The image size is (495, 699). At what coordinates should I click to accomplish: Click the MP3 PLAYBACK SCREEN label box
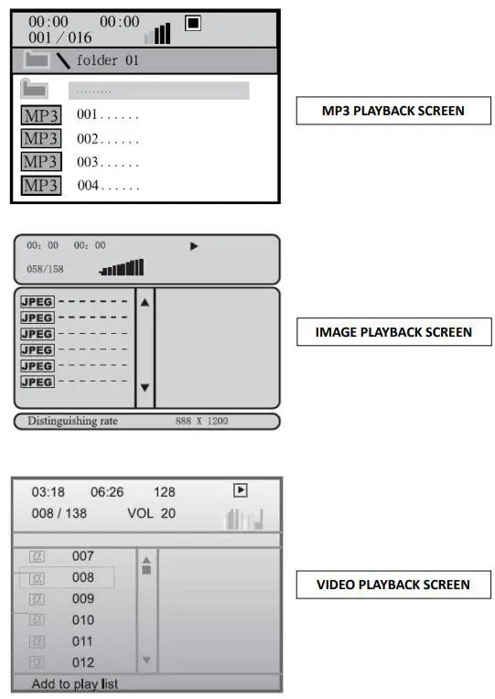393,111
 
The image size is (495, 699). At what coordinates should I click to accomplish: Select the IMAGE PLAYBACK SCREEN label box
393,331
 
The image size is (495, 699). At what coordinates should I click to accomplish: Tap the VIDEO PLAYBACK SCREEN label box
393,584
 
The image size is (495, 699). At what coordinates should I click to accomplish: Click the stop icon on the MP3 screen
192,23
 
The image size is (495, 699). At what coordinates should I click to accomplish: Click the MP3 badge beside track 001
40,116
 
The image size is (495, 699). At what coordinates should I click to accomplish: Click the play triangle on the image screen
194,246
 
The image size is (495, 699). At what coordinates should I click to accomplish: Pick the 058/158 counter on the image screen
45,269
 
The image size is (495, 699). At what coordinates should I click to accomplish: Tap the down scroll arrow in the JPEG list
145,388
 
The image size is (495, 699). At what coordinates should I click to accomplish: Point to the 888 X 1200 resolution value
201,422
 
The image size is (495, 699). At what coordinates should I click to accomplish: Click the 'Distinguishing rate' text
72,422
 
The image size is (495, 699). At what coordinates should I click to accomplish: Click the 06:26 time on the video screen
106,492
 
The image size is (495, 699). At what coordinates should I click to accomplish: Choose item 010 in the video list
82,620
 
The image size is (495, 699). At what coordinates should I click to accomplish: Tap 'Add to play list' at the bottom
75,683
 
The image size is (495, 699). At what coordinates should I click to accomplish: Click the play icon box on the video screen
241,490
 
